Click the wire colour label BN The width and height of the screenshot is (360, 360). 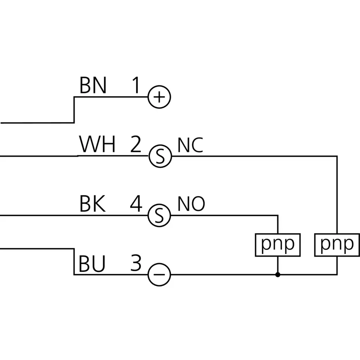tap(93, 85)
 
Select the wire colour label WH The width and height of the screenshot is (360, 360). tap(97, 145)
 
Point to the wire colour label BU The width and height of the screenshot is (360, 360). tap(92, 264)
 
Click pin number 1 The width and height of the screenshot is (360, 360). tap(135, 85)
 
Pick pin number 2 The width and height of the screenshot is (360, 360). tap(135, 145)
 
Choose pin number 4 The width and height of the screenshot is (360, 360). tap(136, 204)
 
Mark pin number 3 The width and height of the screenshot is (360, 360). tap(136, 264)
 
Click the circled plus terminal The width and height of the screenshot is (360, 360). tap(159, 97)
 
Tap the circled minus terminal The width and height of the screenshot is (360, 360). tap(159, 275)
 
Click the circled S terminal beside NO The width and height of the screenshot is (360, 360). tap(160, 216)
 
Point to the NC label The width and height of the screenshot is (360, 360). tap(190, 145)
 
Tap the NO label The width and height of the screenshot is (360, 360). tap(191, 204)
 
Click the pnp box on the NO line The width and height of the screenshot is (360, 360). tap(277, 245)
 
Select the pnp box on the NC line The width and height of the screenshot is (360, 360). tap(337, 245)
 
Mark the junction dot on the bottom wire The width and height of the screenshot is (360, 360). tap(277, 275)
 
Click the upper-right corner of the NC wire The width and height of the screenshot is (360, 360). tap(337, 156)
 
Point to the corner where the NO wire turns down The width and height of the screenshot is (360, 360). tap(277, 216)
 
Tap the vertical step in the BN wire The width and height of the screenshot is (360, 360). tap(74, 109)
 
